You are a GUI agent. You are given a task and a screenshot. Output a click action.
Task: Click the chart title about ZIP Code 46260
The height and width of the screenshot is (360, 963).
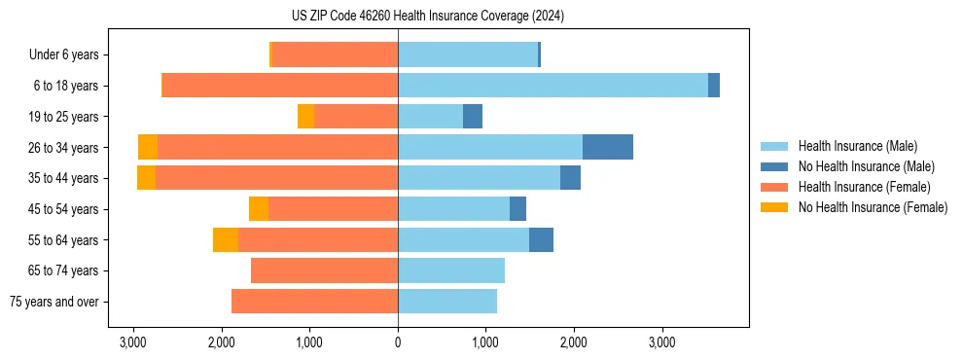click(427, 17)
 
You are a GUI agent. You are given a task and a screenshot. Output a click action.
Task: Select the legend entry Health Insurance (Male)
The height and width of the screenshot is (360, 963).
click(856, 146)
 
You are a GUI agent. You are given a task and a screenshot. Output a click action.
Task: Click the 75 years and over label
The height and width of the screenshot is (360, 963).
click(54, 302)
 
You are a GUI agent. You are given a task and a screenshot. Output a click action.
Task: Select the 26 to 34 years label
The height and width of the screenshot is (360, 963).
click(65, 148)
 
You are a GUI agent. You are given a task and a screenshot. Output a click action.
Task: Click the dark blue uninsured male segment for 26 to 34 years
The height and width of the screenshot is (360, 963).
click(608, 147)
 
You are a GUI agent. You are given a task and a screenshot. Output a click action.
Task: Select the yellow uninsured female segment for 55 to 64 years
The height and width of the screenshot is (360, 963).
click(226, 239)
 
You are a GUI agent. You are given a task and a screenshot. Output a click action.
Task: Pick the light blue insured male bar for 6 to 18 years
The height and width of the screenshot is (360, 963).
click(553, 86)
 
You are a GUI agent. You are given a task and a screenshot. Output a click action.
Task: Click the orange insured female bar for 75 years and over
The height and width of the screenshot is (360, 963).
click(314, 302)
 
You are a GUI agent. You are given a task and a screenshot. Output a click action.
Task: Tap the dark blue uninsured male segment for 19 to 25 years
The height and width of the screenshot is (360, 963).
click(473, 117)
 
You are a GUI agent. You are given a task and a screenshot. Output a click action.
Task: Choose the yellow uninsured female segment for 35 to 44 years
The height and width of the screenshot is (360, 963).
click(146, 178)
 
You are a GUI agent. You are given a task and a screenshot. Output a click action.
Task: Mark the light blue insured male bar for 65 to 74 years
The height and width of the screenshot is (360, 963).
click(451, 270)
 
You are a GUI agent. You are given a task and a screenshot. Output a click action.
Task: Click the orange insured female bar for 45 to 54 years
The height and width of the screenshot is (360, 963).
click(333, 209)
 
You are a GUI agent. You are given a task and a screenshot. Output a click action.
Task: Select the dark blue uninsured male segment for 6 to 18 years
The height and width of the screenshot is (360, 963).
click(714, 86)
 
